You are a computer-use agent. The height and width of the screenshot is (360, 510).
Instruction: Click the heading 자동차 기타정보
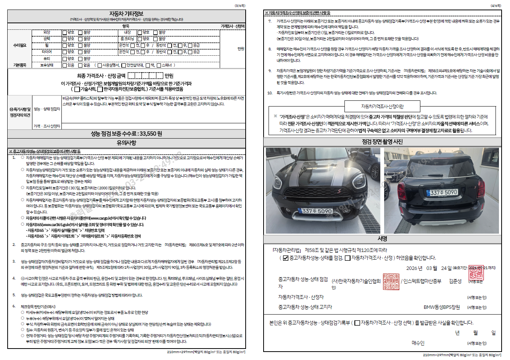tap(126, 14)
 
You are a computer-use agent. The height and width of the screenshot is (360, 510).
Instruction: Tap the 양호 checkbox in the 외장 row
tap(65, 33)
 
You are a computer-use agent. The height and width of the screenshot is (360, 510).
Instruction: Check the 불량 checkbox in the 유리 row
tap(80, 59)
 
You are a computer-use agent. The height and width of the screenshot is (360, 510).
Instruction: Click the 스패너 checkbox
tap(159, 65)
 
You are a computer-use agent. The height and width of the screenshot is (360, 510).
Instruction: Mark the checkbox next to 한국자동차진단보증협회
tap(100, 89)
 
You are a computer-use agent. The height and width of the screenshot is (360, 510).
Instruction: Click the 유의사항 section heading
tap(126, 143)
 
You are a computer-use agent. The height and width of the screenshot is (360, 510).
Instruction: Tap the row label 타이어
tap(47, 52)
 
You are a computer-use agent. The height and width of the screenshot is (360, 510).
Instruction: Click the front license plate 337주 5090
tap(317, 211)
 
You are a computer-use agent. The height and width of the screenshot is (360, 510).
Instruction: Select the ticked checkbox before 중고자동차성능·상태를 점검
tap(286, 258)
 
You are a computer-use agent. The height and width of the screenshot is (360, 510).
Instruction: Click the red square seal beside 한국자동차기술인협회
tap(391, 281)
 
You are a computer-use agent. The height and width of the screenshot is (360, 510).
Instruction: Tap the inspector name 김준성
tap(455, 281)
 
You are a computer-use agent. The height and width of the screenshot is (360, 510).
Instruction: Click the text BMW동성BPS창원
tap(442, 307)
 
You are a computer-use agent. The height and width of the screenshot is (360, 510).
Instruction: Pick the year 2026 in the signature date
tap(412, 268)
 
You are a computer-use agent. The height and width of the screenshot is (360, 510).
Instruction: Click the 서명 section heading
tap(382, 239)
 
